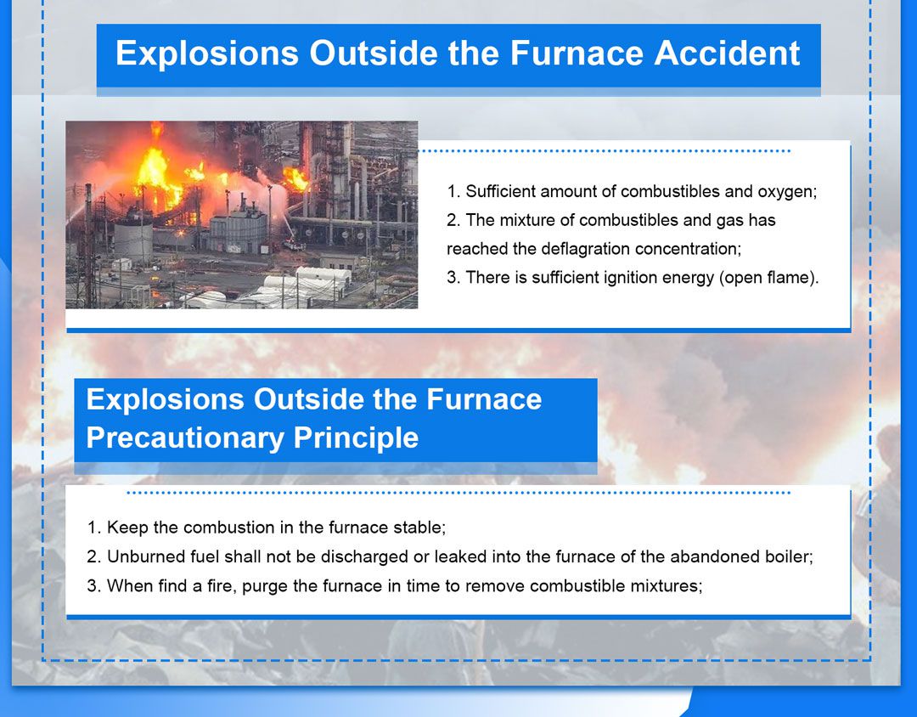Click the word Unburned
[141, 556]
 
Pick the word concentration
[689, 249]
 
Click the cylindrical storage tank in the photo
[132, 240]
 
